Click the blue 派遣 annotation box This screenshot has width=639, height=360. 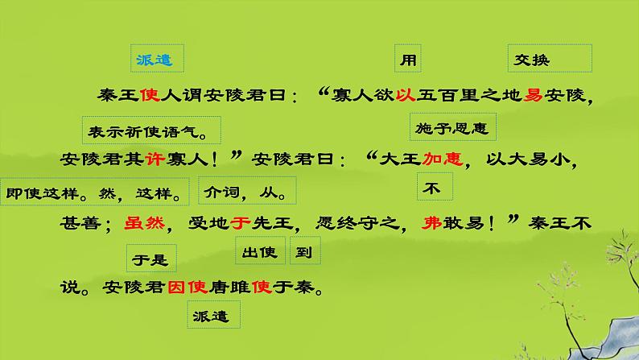pyautogui.click(x=157, y=59)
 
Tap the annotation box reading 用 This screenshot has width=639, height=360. pyautogui.click(x=408, y=59)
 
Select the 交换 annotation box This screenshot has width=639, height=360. pyautogui.click(x=551, y=59)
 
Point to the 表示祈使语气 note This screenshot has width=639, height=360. pyautogui.click(x=150, y=128)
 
